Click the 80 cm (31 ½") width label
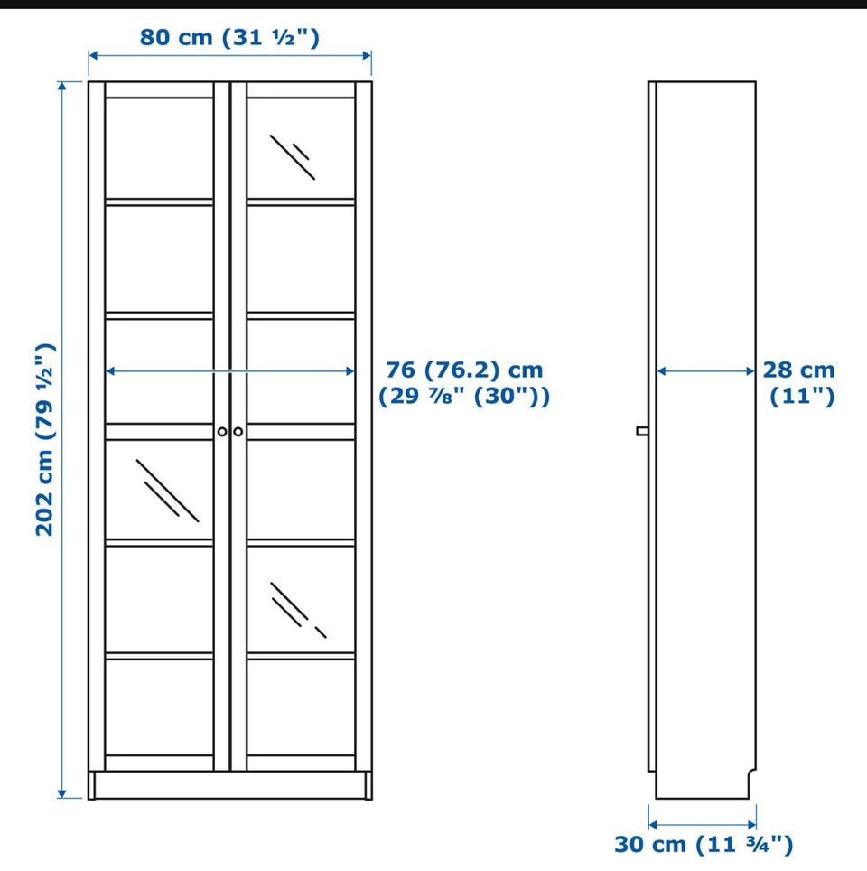pyautogui.click(x=229, y=38)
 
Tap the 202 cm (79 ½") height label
pyautogui.click(x=44, y=439)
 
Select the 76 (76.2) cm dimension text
pyautogui.click(x=464, y=370)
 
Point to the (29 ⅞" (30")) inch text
pyautogui.click(x=464, y=396)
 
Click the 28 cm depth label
pyautogui.click(x=798, y=370)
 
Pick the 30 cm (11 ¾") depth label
pyautogui.click(x=704, y=845)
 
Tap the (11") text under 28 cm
pyautogui.click(x=802, y=396)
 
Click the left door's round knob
pyautogui.click(x=222, y=432)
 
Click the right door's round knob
pyautogui.click(x=238, y=432)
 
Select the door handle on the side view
pyautogui.click(x=642, y=431)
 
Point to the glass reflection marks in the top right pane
pyautogui.click(x=293, y=156)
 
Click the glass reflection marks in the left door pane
pyautogui.click(x=167, y=491)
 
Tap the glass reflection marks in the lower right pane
pyautogui.click(x=298, y=610)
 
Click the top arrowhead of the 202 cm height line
pyautogui.click(x=62, y=86)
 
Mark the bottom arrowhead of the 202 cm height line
pyautogui.click(x=62, y=794)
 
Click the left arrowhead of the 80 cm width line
pyautogui.click(x=93, y=55)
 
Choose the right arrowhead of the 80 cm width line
pyautogui.click(x=367, y=55)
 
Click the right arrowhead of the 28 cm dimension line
pyautogui.click(x=750, y=371)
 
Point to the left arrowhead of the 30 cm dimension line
pyautogui.click(x=653, y=825)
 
